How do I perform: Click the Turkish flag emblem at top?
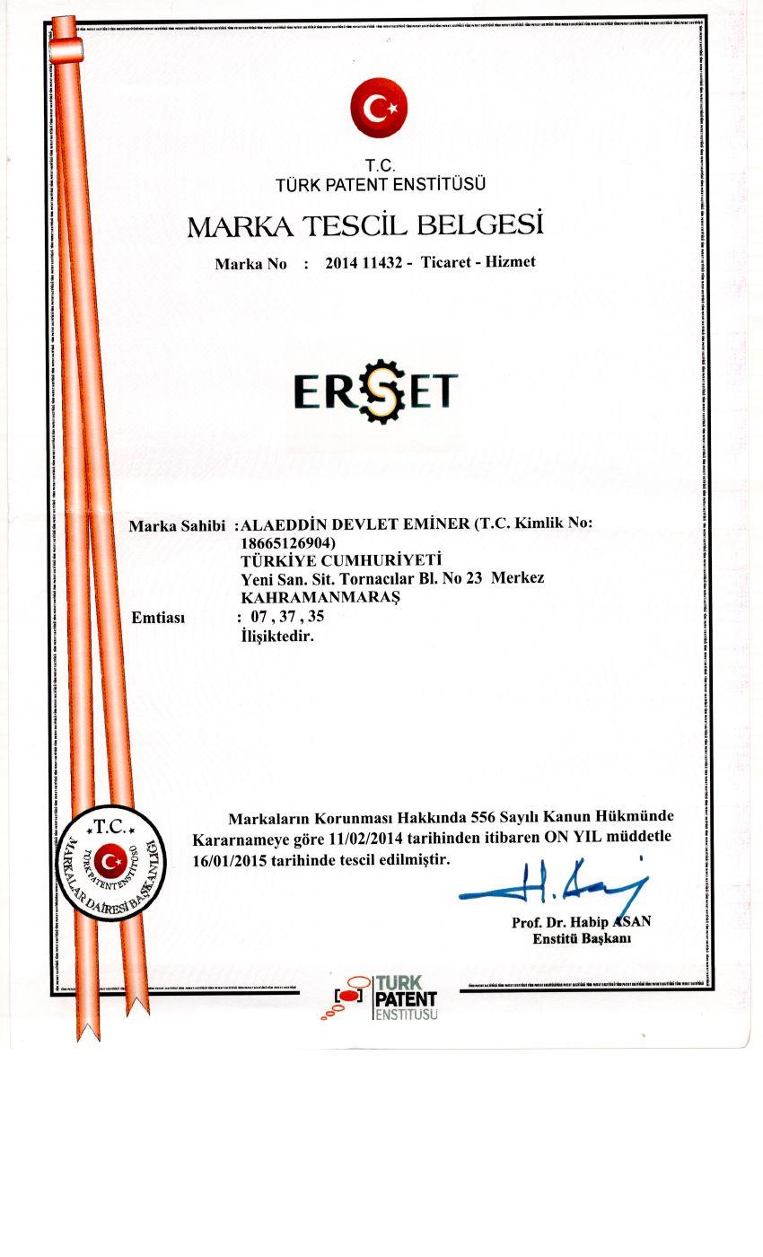coord(379,108)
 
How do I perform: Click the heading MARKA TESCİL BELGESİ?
coord(365,225)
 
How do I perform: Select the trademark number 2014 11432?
coord(363,263)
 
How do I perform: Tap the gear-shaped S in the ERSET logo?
coord(376,391)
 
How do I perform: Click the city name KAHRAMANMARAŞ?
coord(320,596)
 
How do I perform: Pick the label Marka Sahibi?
coord(176,525)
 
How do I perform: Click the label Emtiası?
coord(158,618)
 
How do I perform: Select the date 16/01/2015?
coord(226,859)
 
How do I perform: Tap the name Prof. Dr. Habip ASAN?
coord(581,922)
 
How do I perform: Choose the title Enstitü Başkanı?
coord(582,939)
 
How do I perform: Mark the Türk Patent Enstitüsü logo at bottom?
coord(385,998)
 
